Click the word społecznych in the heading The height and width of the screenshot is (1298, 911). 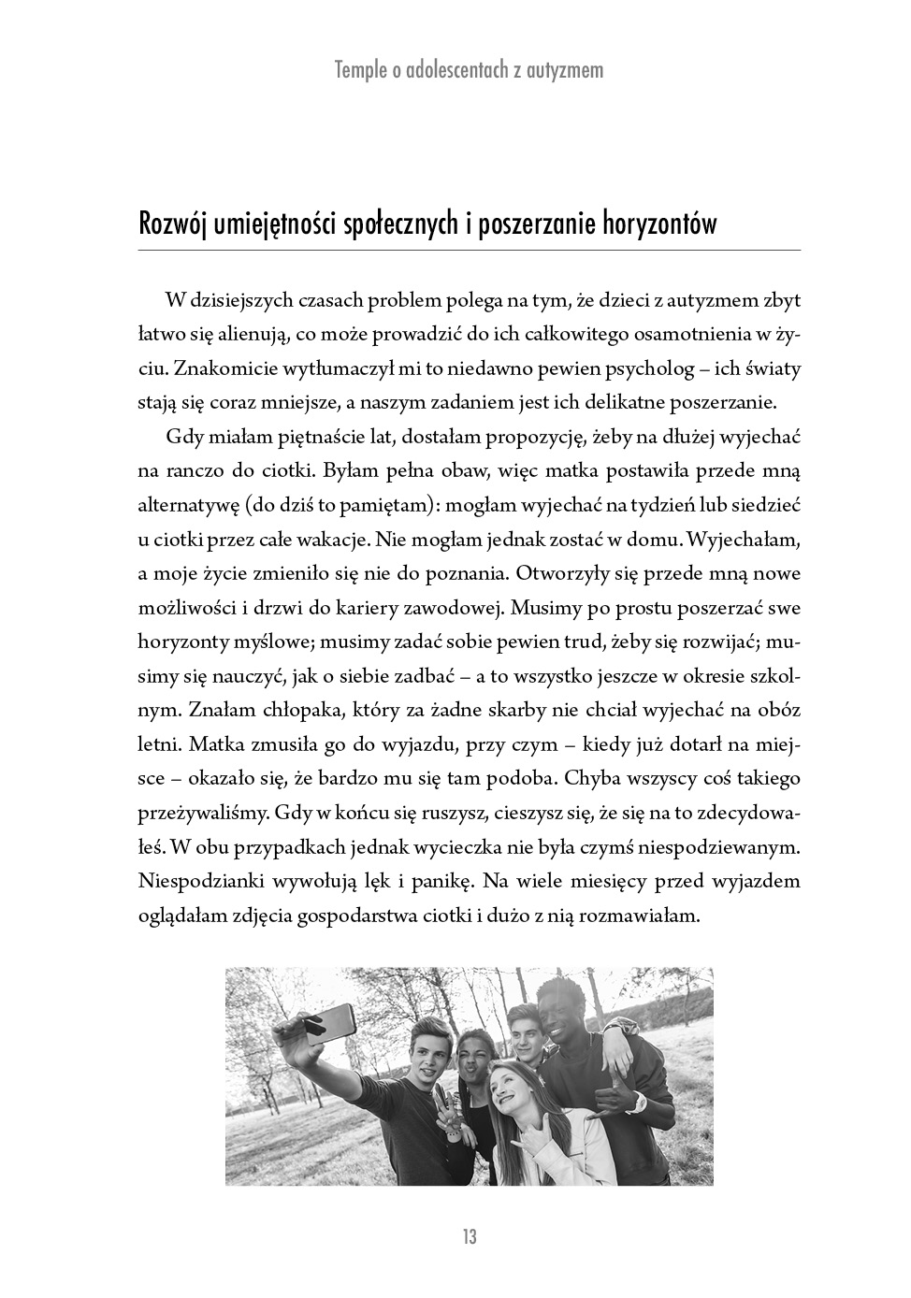click(405, 224)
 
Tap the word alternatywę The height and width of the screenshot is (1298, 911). click(186, 506)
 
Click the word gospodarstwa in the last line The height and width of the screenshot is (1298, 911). click(350, 916)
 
